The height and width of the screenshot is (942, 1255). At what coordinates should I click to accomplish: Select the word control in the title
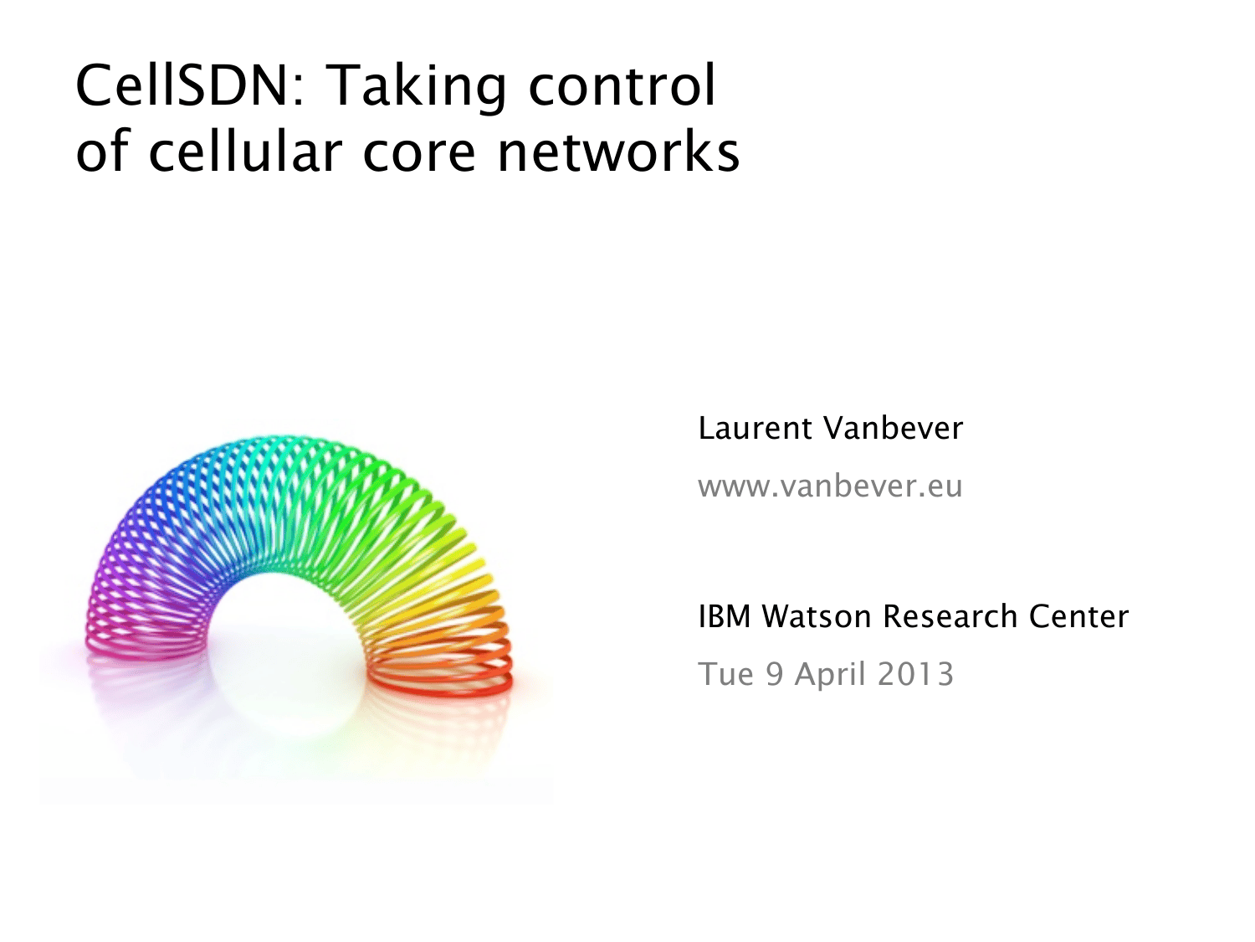click(x=622, y=85)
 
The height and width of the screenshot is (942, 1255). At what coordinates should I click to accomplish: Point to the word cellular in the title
click(x=245, y=151)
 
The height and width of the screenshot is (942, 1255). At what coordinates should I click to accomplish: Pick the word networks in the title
click(x=618, y=151)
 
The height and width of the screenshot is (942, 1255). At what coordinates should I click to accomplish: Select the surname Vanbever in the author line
click(x=893, y=429)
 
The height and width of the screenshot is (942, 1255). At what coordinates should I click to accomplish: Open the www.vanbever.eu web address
click(x=830, y=486)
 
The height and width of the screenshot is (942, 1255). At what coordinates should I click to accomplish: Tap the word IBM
click(x=725, y=616)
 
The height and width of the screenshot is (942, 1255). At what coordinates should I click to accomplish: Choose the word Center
click(x=1079, y=616)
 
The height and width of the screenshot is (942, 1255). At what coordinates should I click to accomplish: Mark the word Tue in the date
click(x=726, y=674)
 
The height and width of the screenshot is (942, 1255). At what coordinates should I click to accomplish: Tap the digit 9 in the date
click(x=774, y=674)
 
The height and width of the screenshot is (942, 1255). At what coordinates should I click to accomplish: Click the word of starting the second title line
click(x=102, y=151)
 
